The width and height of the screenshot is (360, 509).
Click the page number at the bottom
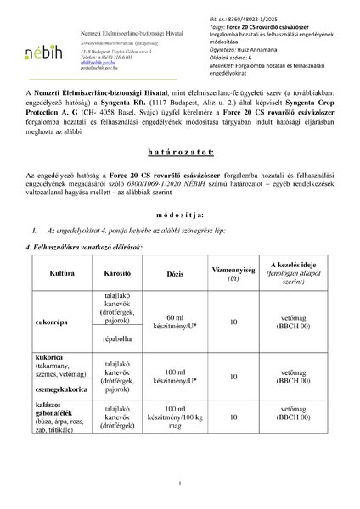pos(180,484)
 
